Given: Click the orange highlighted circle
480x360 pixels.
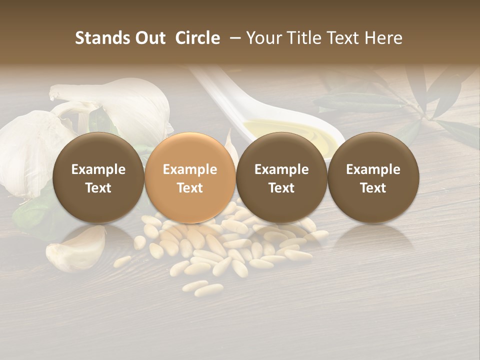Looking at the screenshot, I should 190,178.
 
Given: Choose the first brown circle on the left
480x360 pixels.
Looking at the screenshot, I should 98,178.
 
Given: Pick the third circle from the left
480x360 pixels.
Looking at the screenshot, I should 281,178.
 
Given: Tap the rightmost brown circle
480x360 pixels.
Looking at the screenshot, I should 373,178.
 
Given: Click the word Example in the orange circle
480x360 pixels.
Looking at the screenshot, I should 190,169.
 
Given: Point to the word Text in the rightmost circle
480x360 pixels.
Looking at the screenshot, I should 373,188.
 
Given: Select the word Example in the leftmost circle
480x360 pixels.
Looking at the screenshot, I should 98,169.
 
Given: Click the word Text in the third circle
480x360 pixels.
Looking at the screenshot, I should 281,188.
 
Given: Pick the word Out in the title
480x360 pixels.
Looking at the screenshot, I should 150,38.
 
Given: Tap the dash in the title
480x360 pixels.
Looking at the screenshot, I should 233,38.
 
